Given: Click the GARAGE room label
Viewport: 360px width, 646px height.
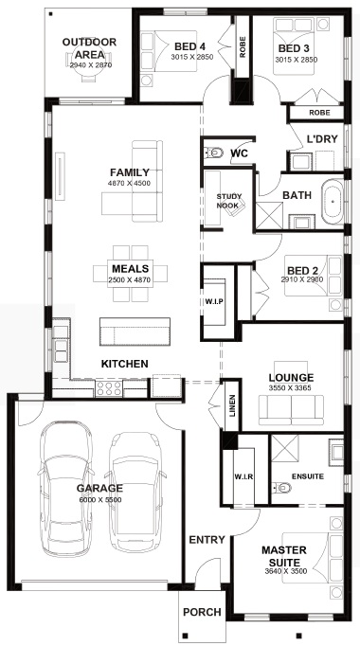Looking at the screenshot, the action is (x=99, y=488).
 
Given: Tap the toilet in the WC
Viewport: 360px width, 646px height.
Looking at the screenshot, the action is (x=213, y=153).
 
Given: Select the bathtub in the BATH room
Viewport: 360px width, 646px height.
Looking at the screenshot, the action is (x=333, y=202).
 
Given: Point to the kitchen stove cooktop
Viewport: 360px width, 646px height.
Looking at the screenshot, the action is (x=109, y=388).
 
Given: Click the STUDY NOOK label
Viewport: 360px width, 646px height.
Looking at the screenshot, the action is (x=229, y=201).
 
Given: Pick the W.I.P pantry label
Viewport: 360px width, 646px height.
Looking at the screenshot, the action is (x=214, y=301).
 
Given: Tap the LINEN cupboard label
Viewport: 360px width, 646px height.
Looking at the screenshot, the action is (x=232, y=405).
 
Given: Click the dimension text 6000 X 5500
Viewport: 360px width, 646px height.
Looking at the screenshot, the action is (x=99, y=500).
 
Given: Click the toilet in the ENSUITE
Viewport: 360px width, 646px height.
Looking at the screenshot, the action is (x=281, y=488).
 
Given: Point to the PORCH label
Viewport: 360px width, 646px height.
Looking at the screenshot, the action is (x=202, y=612).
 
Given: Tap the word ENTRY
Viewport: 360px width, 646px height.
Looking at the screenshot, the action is (x=207, y=540).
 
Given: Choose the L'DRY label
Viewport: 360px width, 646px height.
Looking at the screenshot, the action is (x=322, y=139).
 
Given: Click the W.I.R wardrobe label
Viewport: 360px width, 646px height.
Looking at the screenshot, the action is (x=243, y=476).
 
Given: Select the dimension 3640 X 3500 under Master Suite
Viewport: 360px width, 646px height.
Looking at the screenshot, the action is (x=286, y=571).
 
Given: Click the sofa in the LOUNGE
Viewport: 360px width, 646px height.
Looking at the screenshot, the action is (x=291, y=409).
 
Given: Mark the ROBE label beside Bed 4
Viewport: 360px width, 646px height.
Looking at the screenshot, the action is (x=243, y=47).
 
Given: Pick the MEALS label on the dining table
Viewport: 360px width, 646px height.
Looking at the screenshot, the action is (x=130, y=269).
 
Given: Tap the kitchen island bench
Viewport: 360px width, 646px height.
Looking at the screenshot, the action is (x=135, y=332).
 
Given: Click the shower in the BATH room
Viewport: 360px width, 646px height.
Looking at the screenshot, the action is (x=270, y=215).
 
